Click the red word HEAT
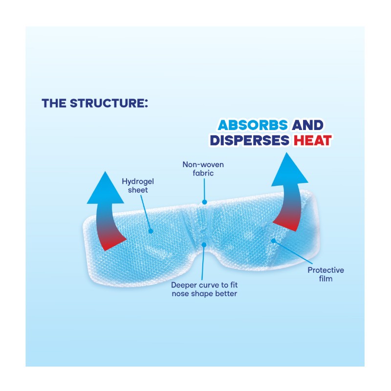tap(312, 141)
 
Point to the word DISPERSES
tap(250, 141)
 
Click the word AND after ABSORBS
tap(307, 125)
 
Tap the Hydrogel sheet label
tap(135, 186)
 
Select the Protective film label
tap(326, 274)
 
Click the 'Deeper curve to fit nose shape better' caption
tap(204, 288)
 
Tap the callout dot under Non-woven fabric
tap(205, 201)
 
